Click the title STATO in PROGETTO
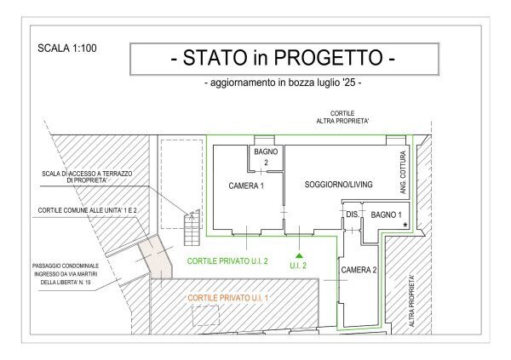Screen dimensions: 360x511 click(x=284, y=60)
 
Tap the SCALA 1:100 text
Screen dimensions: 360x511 click(x=67, y=49)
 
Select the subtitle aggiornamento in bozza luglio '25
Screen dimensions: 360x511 click(x=284, y=83)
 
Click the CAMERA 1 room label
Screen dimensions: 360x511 click(x=246, y=186)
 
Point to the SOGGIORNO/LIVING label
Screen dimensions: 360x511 click(x=339, y=185)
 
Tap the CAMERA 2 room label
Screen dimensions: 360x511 click(x=359, y=270)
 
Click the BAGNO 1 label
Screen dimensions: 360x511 click(x=386, y=215)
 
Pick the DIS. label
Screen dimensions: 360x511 click(x=351, y=215)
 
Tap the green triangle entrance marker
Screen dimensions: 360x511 click(x=298, y=254)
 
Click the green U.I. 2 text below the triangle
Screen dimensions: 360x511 click(x=298, y=266)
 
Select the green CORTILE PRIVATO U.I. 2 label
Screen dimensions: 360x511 click(x=227, y=261)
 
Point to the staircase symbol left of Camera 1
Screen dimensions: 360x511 click(x=193, y=225)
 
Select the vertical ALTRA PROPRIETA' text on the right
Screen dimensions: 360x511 click(x=412, y=300)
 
